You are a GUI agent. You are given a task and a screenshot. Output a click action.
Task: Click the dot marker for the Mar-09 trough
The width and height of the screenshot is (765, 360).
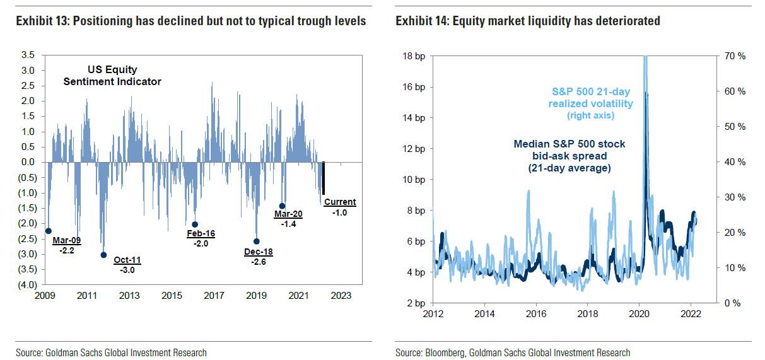click(49, 231)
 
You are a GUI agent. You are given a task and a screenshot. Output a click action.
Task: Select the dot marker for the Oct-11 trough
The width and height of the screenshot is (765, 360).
click(103, 255)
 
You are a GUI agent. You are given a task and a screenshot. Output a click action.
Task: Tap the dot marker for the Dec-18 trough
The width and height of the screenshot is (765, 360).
click(256, 241)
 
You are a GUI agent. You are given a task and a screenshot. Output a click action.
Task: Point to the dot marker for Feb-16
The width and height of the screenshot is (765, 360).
click(195, 224)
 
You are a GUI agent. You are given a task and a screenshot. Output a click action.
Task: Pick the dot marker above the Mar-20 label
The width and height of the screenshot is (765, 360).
click(282, 206)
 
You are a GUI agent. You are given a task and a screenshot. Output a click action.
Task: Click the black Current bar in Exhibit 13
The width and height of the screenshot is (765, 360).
click(324, 178)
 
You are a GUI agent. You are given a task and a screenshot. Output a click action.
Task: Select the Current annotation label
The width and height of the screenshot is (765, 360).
click(341, 202)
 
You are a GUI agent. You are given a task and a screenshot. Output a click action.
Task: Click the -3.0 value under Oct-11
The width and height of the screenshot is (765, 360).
click(127, 270)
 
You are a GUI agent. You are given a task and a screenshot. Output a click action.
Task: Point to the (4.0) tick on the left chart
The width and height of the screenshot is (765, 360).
click(26, 285)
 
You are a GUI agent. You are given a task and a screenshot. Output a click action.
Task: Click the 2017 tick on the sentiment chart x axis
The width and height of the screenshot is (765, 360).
click(214, 295)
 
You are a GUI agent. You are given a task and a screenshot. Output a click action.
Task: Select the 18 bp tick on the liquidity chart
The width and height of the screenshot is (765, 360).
click(414, 56)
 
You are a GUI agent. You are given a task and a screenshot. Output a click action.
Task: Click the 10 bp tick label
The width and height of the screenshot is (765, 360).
click(414, 180)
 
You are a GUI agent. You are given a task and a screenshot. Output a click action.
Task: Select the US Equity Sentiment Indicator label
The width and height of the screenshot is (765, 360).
click(112, 76)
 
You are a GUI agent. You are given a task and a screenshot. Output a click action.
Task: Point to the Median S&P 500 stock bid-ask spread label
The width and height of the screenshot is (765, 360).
click(568, 156)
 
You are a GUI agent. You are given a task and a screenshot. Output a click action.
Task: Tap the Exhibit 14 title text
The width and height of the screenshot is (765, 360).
click(528, 21)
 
